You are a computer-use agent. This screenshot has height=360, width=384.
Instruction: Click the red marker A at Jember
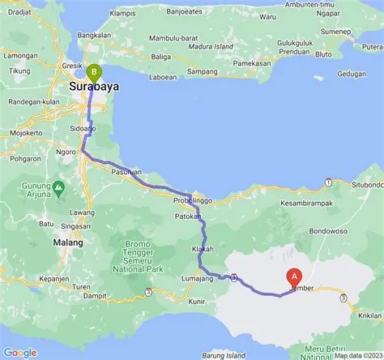coord(294,277)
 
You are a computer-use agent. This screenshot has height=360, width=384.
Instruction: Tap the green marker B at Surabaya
coord(94,72)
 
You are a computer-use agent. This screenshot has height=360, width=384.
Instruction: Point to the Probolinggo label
coord(193,199)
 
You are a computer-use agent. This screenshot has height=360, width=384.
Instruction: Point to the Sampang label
coord(202,71)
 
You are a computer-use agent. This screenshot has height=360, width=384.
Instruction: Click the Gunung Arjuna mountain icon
coord(58,185)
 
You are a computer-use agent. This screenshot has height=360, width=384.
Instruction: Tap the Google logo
coord(20,352)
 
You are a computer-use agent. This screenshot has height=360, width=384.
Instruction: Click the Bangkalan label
coord(94,36)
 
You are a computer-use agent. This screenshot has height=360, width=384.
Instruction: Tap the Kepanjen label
coord(30,278)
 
